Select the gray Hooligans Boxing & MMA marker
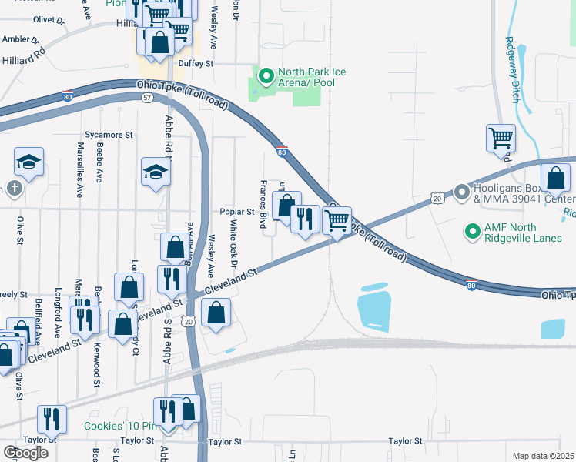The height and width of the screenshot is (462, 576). point(462,191)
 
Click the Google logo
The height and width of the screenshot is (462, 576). point(25,453)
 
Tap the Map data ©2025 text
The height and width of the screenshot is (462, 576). point(543,456)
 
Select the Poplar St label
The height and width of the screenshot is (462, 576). point(237,212)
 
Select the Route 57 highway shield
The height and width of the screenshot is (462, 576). point(146,97)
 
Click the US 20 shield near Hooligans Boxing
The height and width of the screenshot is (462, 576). point(437,199)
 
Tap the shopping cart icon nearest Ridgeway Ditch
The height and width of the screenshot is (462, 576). point(501,139)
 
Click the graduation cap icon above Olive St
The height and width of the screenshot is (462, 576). point(28,162)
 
